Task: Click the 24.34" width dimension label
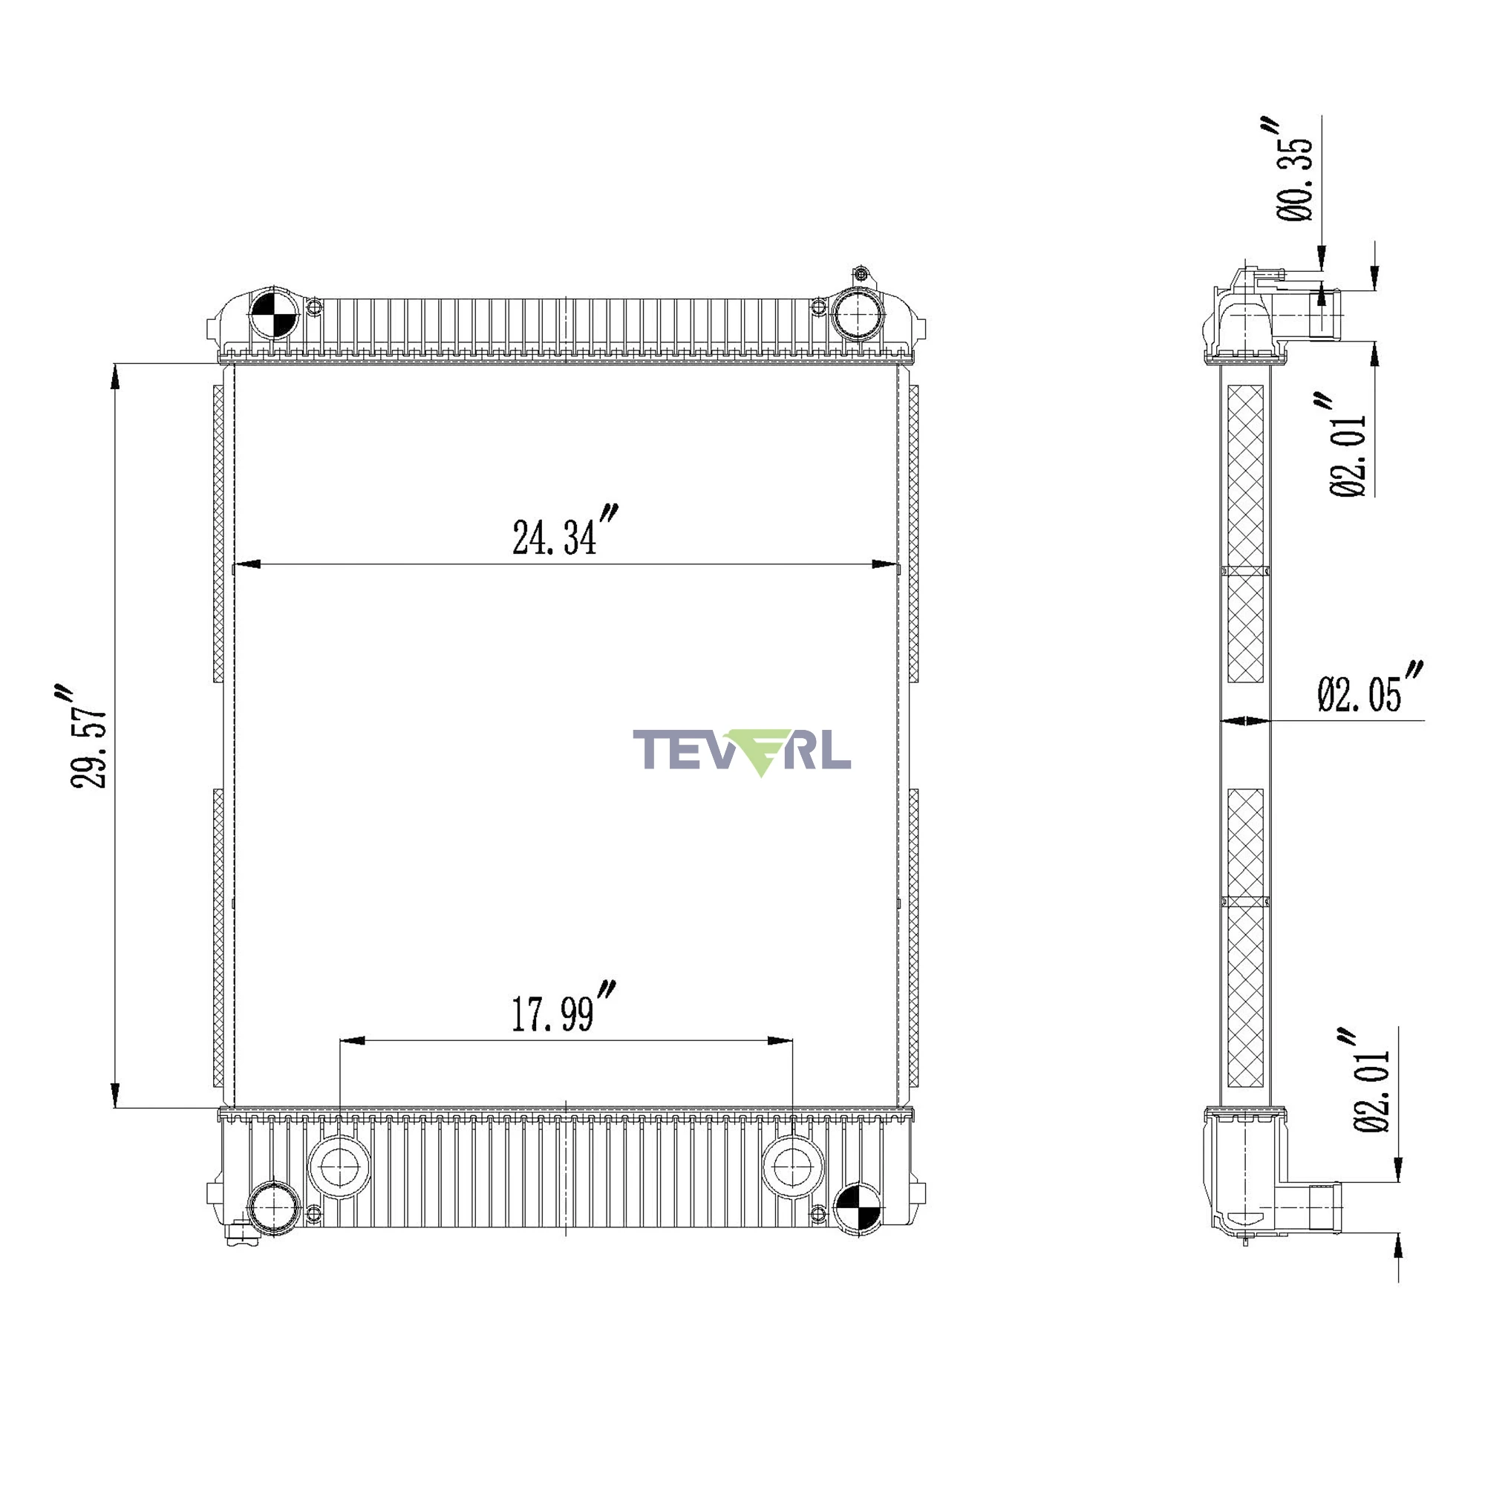566,530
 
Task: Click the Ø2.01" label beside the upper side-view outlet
1348,446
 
